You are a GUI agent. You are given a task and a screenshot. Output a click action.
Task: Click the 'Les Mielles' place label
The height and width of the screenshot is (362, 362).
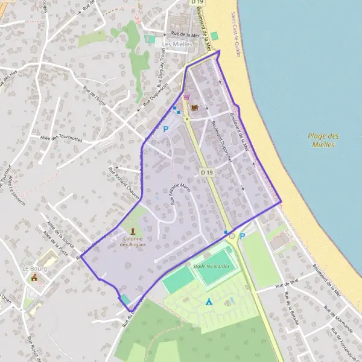173,45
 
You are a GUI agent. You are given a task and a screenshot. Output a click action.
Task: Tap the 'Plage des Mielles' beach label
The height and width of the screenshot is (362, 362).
323,140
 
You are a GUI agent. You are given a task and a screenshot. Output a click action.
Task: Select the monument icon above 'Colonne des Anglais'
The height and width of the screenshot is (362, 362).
133,230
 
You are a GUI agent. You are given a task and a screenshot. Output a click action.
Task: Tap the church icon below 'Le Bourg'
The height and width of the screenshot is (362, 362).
34,278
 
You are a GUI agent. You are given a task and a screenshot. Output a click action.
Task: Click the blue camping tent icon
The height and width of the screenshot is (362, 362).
209,301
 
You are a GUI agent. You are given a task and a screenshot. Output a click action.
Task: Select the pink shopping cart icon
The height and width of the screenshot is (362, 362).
186,97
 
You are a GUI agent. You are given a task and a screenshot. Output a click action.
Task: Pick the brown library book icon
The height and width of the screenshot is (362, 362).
194,108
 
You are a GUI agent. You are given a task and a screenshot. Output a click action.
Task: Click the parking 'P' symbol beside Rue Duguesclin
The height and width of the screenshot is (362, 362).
165,129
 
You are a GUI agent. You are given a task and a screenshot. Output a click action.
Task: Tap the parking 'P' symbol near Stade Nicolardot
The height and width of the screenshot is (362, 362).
243,236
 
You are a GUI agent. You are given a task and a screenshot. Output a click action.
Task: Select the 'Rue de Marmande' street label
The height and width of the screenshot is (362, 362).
338,320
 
